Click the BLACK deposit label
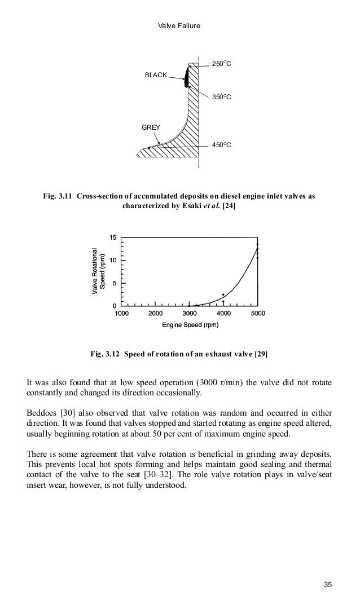coord(156,75)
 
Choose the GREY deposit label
coord(150,127)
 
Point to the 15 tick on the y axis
coord(112,237)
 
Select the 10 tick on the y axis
coord(112,261)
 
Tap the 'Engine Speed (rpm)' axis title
coord(190,325)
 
